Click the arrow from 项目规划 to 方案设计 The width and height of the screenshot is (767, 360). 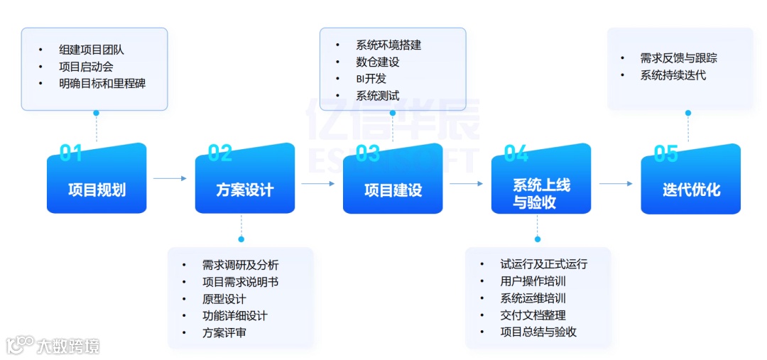pyautogui.click(x=170, y=178)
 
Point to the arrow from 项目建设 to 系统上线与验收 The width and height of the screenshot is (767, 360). pyautogui.click(x=466, y=183)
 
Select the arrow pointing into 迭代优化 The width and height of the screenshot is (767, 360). pyautogui.click(x=615, y=183)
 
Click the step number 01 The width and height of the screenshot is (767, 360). pyautogui.click(x=71, y=152)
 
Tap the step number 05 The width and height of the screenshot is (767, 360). pyautogui.click(x=665, y=152)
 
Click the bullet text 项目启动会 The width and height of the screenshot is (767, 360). pyautogui.click(x=86, y=67)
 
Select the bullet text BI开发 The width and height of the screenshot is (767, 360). pyautogui.click(x=371, y=79)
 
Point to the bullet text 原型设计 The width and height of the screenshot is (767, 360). pyautogui.click(x=224, y=298)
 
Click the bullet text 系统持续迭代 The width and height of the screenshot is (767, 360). pyautogui.click(x=673, y=75)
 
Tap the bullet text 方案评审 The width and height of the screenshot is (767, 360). pyautogui.click(x=224, y=332)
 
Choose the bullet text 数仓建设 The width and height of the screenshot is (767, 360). pyautogui.click(x=377, y=62)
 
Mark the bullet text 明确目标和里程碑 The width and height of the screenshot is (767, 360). pyautogui.click(x=102, y=84)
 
